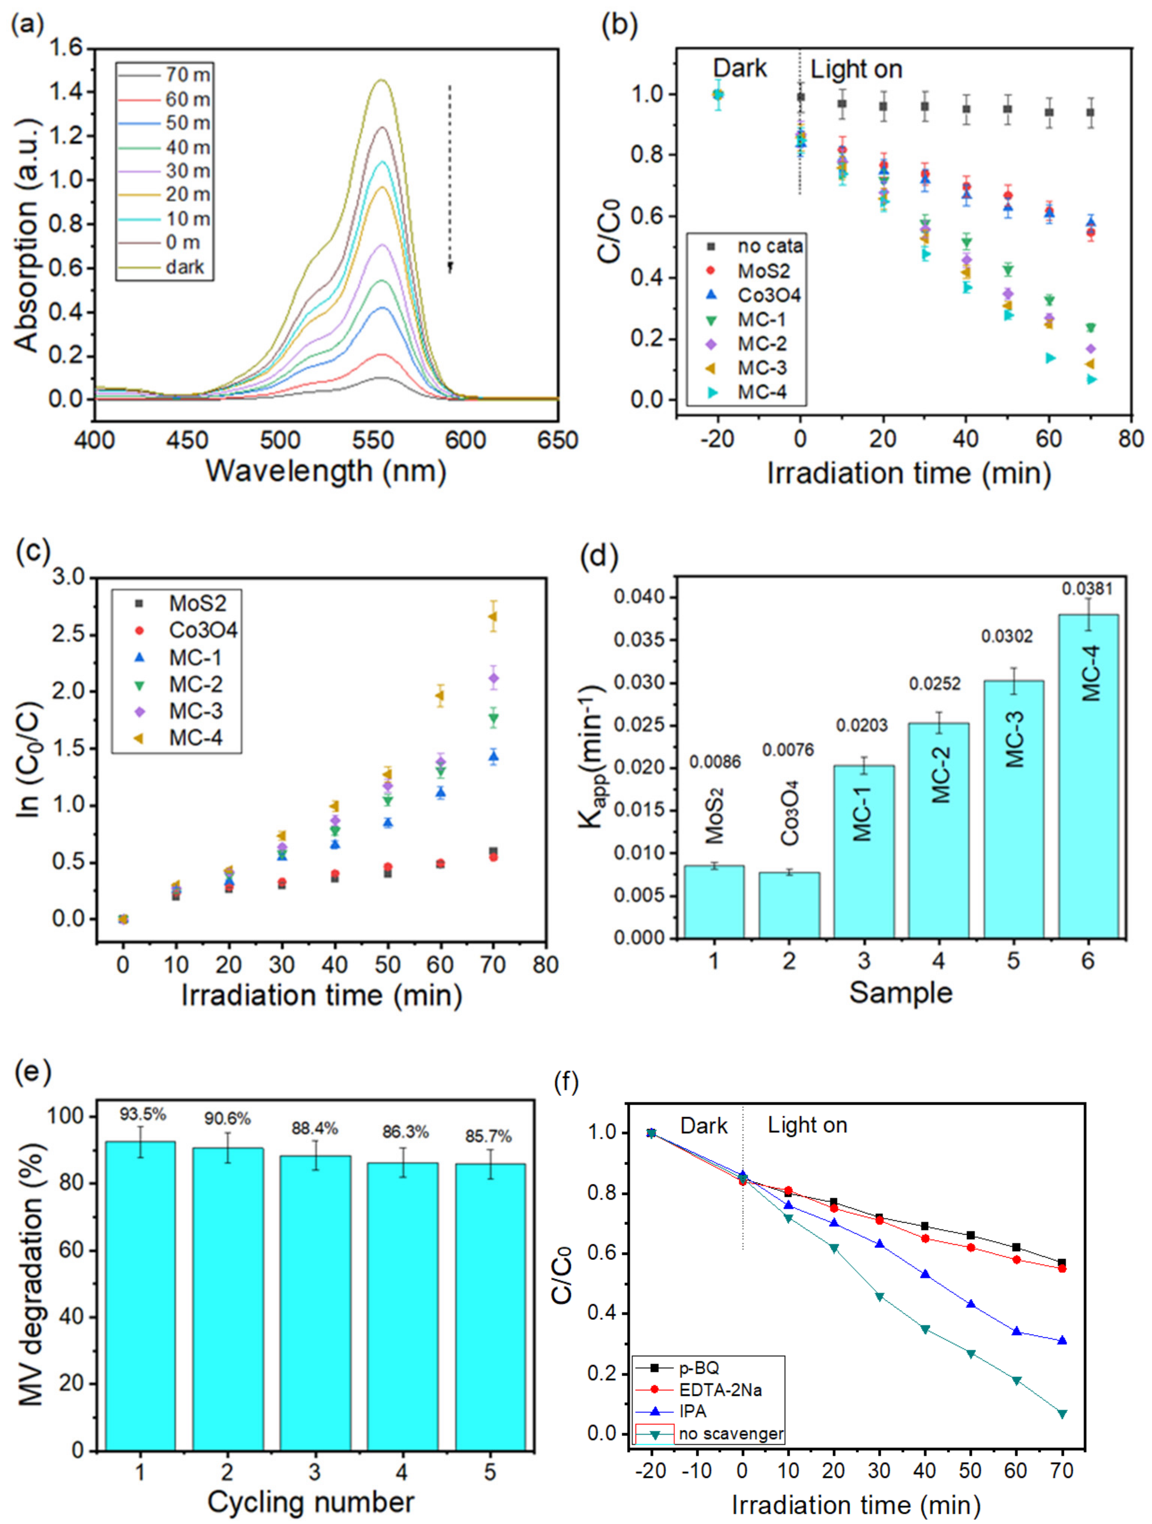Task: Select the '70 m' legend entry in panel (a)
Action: (x=187, y=74)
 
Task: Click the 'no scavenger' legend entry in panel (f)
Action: (x=731, y=1434)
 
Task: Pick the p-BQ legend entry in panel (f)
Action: (x=699, y=1368)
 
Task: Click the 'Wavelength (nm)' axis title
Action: (x=326, y=471)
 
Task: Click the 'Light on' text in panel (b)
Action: (x=856, y=70)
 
